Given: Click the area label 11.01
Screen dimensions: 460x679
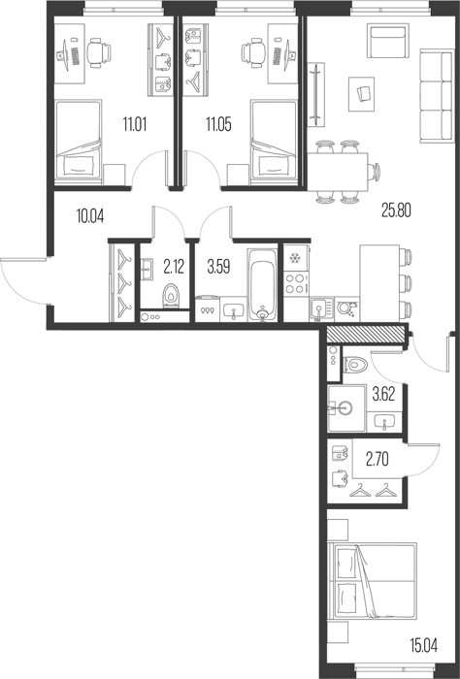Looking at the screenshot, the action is pos(135,125).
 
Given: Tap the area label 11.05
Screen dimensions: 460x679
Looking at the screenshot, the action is pos(218,125).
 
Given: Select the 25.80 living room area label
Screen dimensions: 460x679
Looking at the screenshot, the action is pos(396,210).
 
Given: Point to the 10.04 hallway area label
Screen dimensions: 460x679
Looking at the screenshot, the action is pos(90,215).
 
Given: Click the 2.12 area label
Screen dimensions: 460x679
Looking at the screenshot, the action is pos(174,267).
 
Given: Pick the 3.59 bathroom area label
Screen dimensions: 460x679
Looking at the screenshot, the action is pos(218,267).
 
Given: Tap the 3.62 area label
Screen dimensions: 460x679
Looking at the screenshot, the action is pos(383,395).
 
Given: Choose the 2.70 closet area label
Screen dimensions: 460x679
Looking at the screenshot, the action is pos(378,460).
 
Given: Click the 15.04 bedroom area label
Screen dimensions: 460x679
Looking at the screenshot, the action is pos(424,646).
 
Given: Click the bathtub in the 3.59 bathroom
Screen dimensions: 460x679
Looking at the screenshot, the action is pos(262,284).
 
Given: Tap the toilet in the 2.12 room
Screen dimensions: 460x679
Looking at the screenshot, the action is pos(172,296).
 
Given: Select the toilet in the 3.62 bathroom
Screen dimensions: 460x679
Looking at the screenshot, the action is pos(355,365).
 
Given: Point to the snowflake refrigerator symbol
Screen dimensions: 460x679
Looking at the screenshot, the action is pos(295,258).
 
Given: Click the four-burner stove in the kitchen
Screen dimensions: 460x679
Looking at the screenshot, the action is pos(296,283).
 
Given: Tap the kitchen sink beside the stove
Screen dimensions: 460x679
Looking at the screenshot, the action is pos(321,309).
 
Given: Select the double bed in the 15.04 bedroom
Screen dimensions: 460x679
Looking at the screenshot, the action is pos(373,581).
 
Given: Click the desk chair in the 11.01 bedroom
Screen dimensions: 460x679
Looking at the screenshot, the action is pos(99,52).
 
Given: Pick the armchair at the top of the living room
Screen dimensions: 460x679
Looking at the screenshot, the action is pos(388,41).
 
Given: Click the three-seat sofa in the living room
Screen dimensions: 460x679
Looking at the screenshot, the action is pos(437,96).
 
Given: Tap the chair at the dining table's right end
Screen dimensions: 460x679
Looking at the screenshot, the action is pos(374,172).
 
